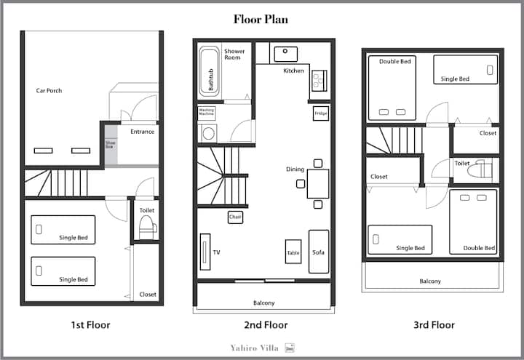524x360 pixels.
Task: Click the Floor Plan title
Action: click(261, 20)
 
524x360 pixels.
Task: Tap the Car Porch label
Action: click(49, 90)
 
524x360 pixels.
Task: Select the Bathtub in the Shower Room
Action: click(209, 71)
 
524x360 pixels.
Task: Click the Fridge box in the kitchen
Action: click(321, 113)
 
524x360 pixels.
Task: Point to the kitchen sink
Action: click(286, 54)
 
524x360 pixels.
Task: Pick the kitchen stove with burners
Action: click(319, 81)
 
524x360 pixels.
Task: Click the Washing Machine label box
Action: click(207, 113)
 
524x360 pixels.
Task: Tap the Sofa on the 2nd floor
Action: click(319, 252)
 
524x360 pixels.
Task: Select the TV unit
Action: click(205, 252)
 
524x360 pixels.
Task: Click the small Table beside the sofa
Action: click(293, 252)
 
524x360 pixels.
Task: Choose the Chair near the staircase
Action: click(235, 217)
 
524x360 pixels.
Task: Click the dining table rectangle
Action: click(318, 184)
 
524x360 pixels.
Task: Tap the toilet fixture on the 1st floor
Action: click(147, 228)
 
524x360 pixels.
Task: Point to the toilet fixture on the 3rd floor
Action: click(479, 169)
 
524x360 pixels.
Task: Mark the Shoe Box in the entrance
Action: click(111, 145)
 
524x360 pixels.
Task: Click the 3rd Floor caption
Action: click(434, 325)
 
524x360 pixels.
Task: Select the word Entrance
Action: click(143, 132)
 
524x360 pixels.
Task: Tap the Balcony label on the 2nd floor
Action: click(264, 303)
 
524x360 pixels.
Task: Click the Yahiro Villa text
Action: click(254, 348)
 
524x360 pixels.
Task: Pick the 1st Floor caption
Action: click(90, 325)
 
